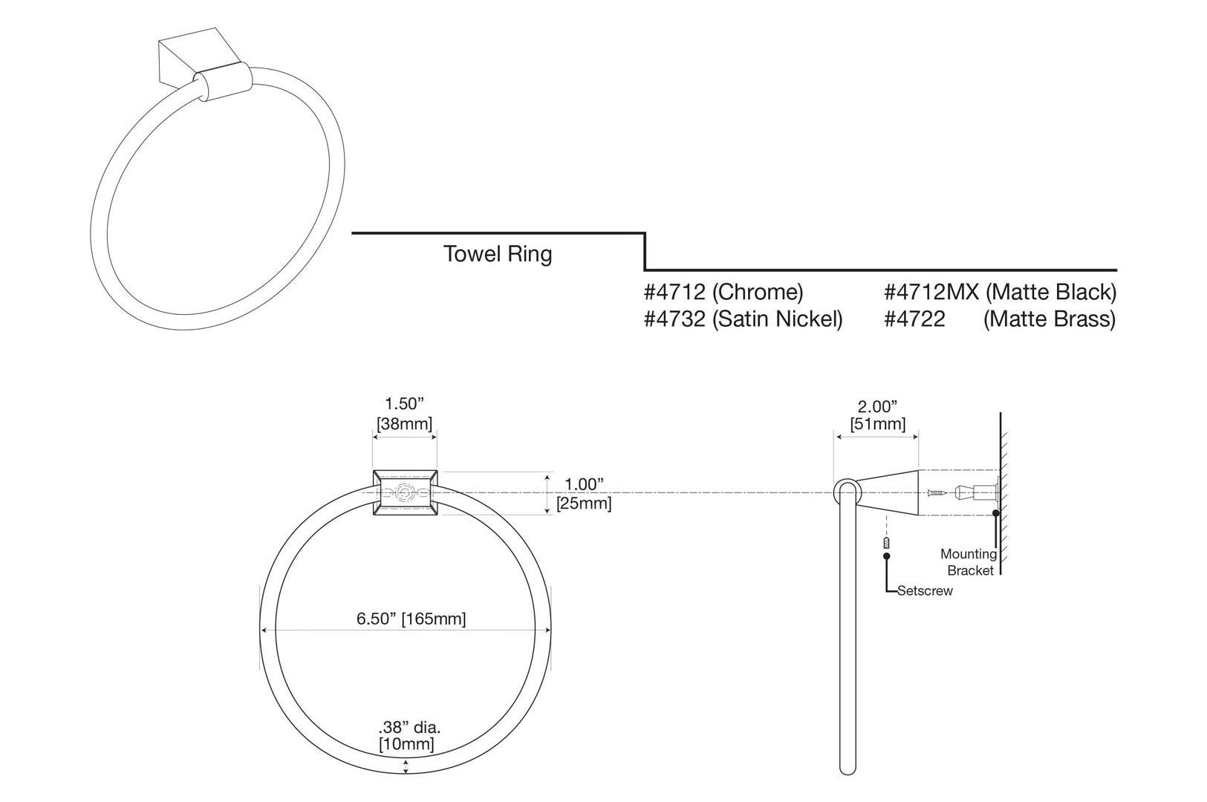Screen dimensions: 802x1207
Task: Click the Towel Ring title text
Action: point(498,254)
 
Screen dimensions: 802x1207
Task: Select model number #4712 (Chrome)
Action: point(723,292)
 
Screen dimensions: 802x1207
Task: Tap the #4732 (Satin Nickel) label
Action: point(743,319)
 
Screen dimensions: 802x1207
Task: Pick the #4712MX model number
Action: point(931,292)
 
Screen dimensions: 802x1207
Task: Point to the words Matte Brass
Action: point(1049,319)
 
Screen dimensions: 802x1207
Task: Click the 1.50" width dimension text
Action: point(403,404)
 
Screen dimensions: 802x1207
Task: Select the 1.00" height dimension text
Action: point(583,484)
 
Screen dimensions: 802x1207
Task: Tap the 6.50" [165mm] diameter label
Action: point(411,619)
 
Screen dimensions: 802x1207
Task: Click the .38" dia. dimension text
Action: point(406,728)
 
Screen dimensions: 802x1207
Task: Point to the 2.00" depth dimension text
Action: point(877,406)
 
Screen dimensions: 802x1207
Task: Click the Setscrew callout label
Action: point(925,591)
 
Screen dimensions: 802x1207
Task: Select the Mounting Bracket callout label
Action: point(968,562)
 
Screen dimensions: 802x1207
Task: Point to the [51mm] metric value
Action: point(877,424)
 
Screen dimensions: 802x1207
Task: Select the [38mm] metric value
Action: point(404,423)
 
